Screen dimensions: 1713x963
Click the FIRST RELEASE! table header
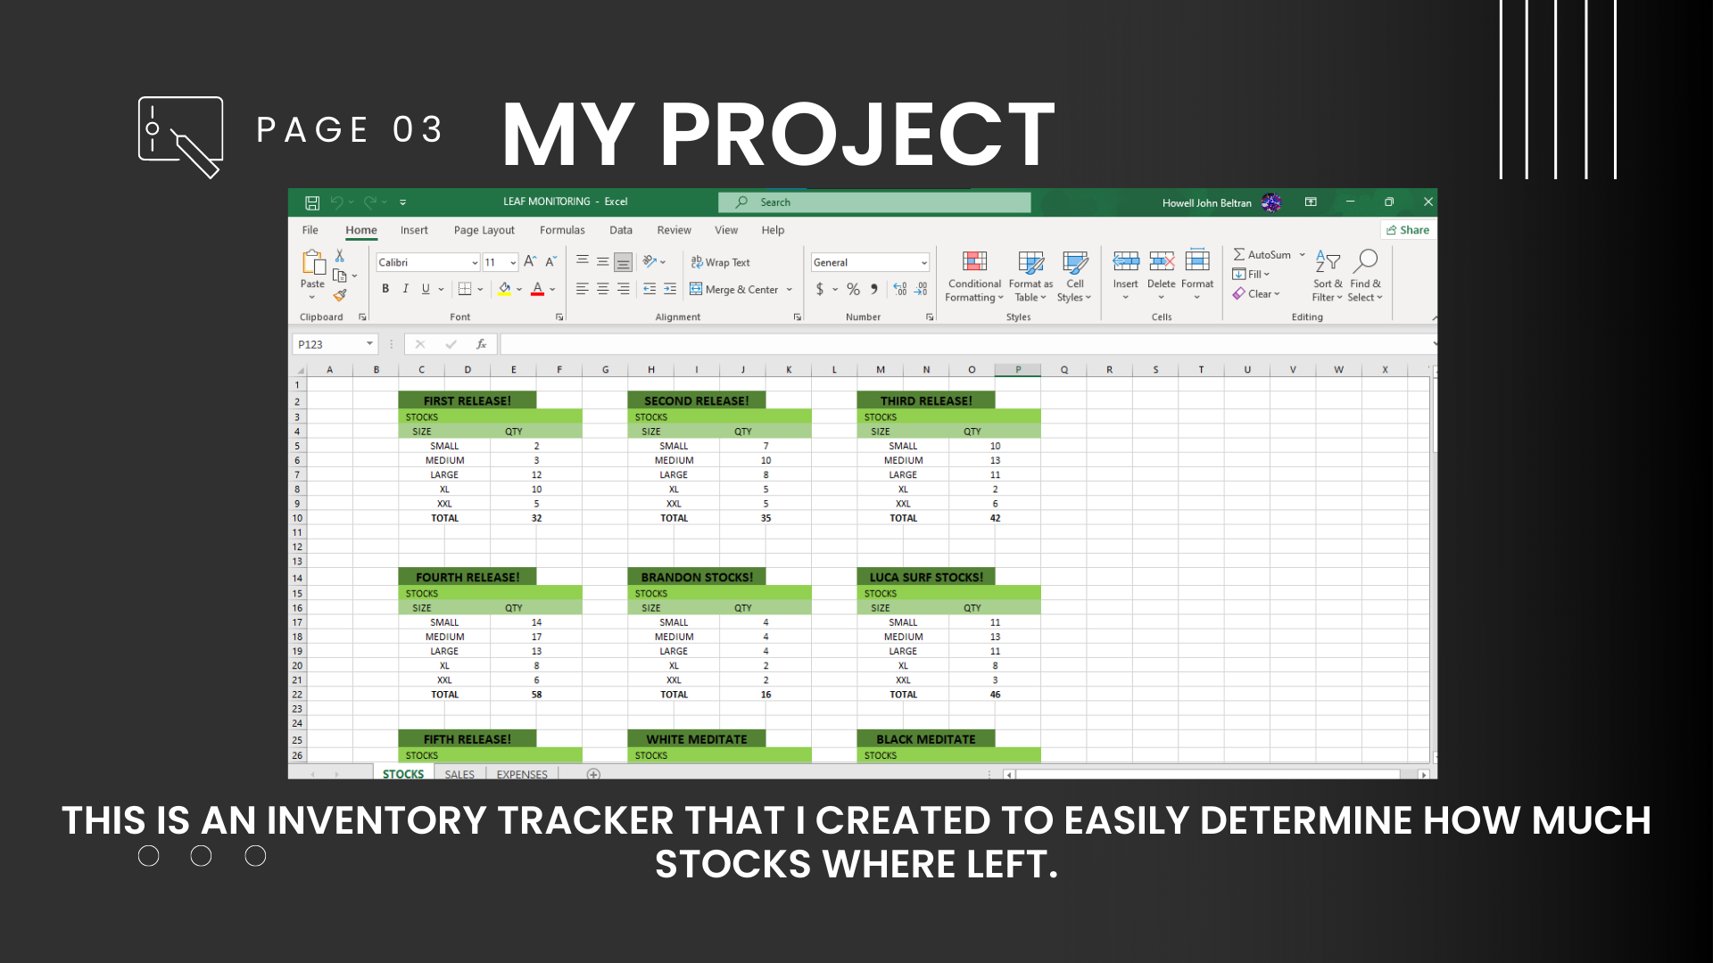467,400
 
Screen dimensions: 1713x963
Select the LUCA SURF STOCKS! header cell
926,577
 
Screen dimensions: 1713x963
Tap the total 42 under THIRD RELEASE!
995,518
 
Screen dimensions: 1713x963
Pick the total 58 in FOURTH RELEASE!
536,695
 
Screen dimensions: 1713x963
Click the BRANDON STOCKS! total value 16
765,695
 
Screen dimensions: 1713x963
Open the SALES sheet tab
459,774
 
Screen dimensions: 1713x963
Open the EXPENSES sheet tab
522,774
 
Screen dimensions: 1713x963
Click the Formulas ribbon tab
562,230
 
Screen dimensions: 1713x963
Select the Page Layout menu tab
484,230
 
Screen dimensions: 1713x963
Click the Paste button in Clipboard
312,274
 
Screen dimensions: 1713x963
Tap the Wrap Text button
720,262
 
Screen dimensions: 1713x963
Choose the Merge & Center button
741,289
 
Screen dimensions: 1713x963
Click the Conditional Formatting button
974,276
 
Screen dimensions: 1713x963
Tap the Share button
1408,230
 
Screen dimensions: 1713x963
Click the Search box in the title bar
874,202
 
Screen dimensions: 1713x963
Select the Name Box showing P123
335,344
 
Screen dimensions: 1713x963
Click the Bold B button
385,289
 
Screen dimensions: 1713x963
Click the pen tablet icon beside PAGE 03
180,137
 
